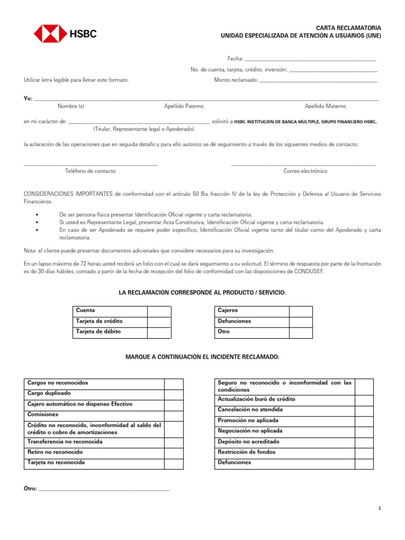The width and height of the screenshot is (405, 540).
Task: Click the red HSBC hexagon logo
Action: tap(51, 34)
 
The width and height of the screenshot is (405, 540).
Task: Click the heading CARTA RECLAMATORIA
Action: tap(348, 27)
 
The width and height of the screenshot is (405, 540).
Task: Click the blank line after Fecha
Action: tap(311, 59)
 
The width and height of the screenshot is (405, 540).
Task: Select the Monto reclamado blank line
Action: tap(319, 80)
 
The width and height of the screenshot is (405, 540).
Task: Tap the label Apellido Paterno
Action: tap(184, 106)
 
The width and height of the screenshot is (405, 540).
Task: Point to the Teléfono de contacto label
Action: tap(90, 171)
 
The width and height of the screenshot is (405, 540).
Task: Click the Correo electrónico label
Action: tap(305, 171)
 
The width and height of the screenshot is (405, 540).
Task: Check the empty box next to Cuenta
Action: tap(159, 311)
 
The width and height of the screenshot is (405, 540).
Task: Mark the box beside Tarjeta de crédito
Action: tap(159, 321)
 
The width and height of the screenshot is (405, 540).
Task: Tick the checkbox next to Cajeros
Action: tap(301, 311)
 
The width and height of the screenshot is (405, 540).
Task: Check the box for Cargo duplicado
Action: tap(173, 394)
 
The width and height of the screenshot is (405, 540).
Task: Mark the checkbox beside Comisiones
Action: tap(173, 415)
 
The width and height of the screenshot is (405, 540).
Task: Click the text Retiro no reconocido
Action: tap(55, 452)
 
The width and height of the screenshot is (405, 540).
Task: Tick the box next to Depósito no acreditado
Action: tap(364, 442)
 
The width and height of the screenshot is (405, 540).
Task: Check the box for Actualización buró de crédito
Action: tap(364, 400)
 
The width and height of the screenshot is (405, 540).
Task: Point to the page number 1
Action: tap(379, 508)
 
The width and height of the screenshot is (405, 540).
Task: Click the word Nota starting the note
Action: tap(30, 250)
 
